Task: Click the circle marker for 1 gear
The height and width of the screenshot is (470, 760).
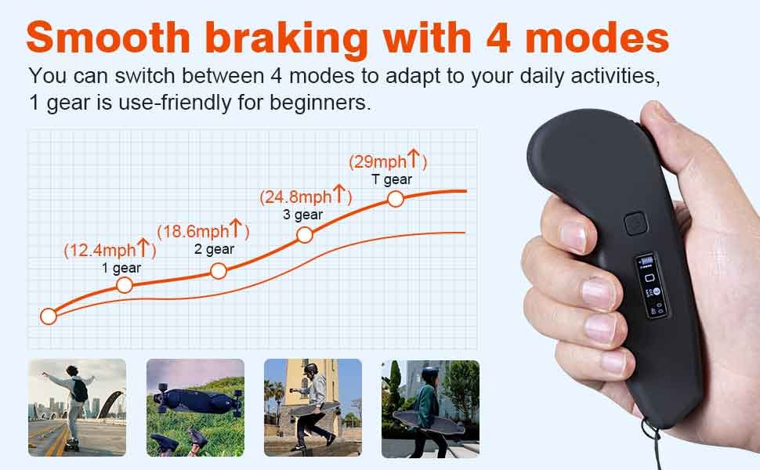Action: click(x=124, y=285)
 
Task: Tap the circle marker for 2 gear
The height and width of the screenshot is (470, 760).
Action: click(x=219, y=271)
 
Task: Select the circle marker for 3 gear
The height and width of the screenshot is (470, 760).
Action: click(x=305, y=234)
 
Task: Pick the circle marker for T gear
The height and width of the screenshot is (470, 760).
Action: click(x=396, y=199)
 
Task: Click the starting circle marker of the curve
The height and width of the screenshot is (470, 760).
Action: click(x=49, y=316)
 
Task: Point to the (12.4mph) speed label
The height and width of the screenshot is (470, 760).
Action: click(x=110, y=250)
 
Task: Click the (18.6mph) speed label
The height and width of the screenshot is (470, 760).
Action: click(x=203, y=231)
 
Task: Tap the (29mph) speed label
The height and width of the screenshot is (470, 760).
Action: click(x=387, y=162)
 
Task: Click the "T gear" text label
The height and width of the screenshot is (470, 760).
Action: click(x=392, y=179)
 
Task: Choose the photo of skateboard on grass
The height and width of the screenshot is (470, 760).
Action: click(x=195, y=408)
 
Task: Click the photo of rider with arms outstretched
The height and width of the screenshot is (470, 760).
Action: click(x=77, y=408)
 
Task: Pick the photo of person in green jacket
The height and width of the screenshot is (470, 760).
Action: click(x=430, y=408)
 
